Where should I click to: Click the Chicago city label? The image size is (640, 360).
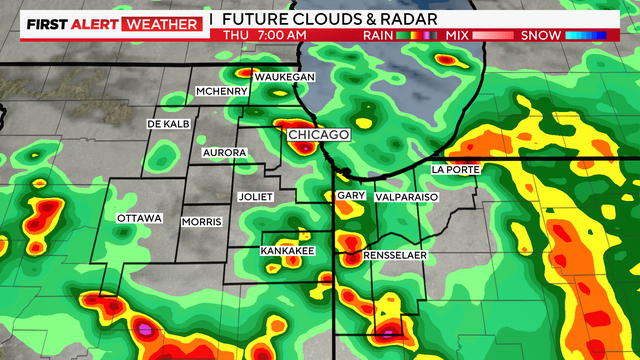pos(318,135)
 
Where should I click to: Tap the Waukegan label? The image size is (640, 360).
pos(285,78)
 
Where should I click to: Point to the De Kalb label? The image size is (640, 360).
pos(168,124)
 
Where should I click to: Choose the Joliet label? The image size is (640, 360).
pos(255,197)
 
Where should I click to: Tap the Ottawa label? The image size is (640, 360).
pos(139,218)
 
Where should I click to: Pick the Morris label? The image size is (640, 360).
pos(201,222)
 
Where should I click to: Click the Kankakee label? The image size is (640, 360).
pos(285,250)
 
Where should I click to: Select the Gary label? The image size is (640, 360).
pos(350,196)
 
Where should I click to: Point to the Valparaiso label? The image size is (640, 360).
pos(406,198)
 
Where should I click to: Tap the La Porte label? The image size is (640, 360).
pos(455,170)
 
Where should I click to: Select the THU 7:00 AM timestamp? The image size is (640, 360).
pos(264,35)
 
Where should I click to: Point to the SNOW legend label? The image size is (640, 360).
pos(538,35)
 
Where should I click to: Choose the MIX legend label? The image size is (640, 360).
pos(456,35)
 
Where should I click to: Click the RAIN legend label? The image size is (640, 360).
pos(377,35)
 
